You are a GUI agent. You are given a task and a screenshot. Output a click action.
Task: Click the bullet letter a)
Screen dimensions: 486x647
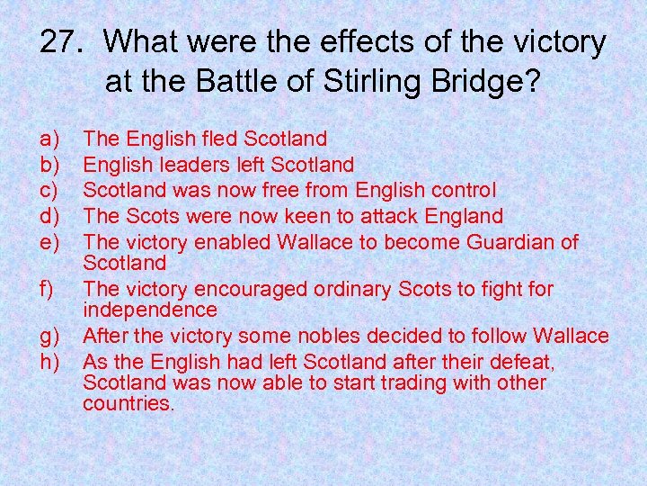click(x=49, y=139)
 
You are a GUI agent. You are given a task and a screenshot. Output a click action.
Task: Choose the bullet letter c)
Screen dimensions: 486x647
click(x=49, y=191)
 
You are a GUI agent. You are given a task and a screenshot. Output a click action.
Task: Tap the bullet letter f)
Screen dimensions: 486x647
click(x=47, y=290)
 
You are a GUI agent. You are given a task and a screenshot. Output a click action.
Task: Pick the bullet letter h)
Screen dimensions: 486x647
click(x=49, y=363)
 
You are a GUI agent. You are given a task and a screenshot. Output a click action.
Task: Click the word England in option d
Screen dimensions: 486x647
click(x=460, y=217)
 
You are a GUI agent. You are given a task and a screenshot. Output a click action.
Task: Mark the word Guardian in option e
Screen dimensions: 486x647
click(x=510, y=243)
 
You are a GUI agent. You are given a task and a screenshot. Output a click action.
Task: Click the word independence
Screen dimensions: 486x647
click(x=149, y=310)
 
